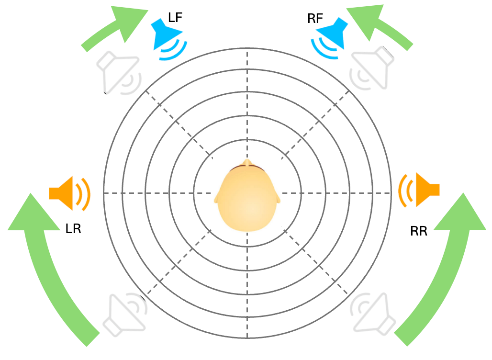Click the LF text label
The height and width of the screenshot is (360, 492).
[175, 18]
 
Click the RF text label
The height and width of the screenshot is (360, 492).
[315, 19]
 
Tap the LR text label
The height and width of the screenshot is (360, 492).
[73, 229]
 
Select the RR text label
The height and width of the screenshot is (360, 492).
[419, 232]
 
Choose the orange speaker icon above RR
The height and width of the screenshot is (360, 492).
[420, 190]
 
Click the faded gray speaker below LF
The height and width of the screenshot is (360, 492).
[118, 72]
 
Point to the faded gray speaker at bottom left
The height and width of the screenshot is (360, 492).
[126, 313]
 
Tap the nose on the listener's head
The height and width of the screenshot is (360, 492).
[247, 162]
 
